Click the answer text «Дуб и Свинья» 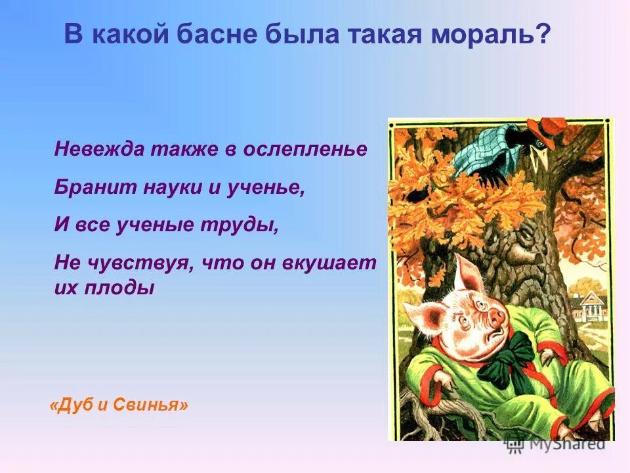[x=119, y=405]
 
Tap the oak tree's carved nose [x=529, y=246]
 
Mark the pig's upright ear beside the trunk [x=468, y=274]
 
